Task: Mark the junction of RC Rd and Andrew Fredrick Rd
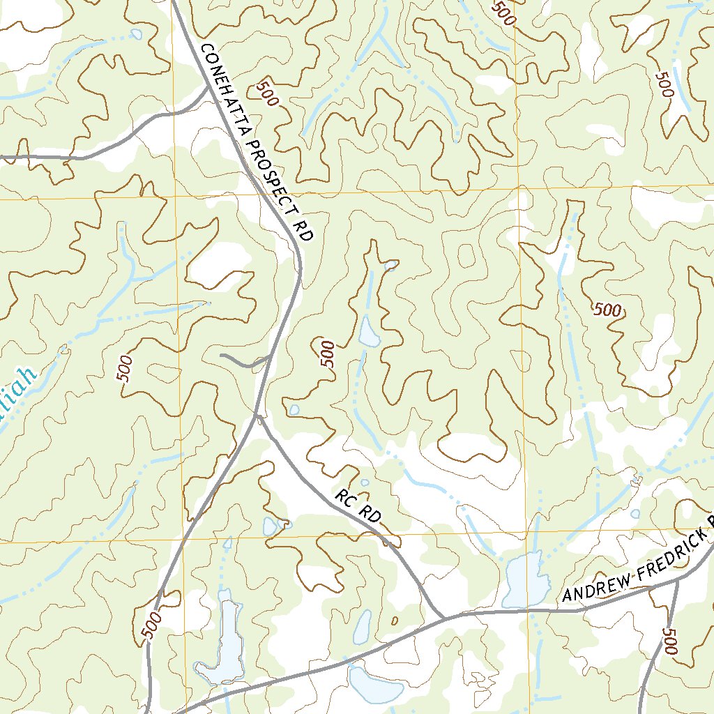tap(443, 617)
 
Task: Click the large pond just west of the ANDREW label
tap(524, 580)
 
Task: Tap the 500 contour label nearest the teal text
tap(125, 369)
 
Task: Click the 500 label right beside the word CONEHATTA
tap(267, 93)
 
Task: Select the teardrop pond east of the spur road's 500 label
tap(367, 331)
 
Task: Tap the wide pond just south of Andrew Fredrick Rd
tap(375, 685)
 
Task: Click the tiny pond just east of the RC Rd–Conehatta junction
tap(294, 409)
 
